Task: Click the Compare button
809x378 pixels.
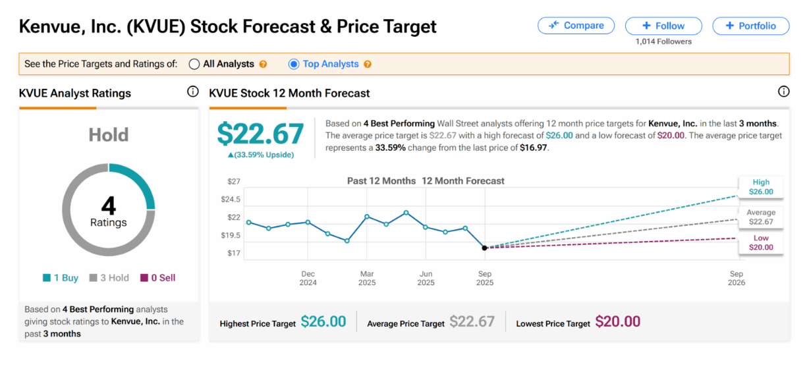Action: [x=576, y=26]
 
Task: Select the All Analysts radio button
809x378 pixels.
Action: [x=194, y=64]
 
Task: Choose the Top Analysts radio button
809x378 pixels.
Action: [x=294, y=64]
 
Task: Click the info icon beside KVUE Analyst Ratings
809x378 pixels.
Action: [x=193, y=92]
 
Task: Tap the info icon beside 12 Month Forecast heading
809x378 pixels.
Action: [x=783, y=92]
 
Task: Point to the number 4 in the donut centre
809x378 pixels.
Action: [x=109, y=206]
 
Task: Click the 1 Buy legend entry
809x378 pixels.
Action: [x=61, y=278]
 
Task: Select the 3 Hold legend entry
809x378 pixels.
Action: [x=109, y=278]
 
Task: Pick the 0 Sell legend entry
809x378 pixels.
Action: [x=158, y=278]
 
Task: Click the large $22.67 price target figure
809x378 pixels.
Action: [x=260, y=134]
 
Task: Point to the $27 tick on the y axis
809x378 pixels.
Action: [x=234, y=181]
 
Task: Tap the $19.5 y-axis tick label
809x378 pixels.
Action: [x=231, y=235]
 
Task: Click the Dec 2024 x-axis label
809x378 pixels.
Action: [x=308, y=278]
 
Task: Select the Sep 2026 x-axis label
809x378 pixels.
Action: [x=736, y=278]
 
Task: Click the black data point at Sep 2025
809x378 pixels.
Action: [x=484, y=248]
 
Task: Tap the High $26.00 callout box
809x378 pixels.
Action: [x=760, y=187]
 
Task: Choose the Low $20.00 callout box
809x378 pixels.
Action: [x=760, y=242]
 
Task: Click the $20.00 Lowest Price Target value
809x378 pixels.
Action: [x=617, y=321]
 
